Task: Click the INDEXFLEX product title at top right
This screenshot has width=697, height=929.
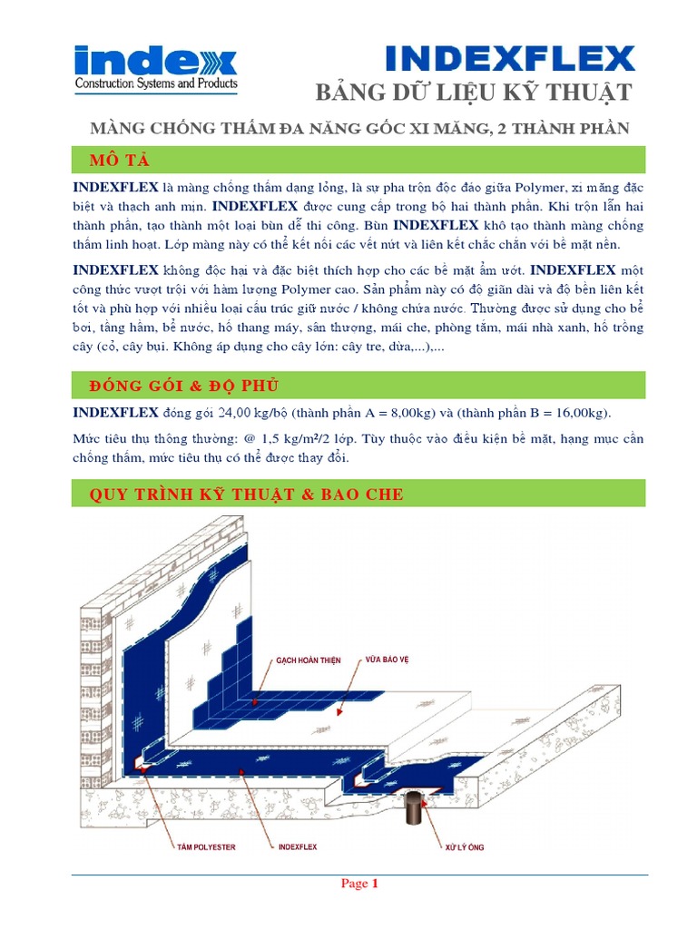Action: [509, 59]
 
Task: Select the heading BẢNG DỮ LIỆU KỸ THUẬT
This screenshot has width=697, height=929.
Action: [472, 93]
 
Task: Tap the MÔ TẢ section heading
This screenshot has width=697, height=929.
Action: [119, 161]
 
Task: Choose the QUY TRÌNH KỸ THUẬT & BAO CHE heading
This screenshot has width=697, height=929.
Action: [246, 494]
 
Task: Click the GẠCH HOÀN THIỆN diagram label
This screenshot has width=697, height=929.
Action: [309, 660]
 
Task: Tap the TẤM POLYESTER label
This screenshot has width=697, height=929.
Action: [205, 846]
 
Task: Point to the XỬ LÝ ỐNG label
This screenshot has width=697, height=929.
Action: [464, 846]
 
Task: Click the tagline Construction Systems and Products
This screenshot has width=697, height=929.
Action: [155, 84]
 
